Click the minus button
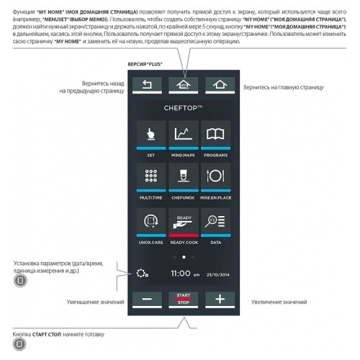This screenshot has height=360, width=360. pyautogui.click(x=148, y=300)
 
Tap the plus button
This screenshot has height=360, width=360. pyautogui.click(x=219, y=300)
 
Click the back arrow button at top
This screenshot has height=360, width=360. pyautogui.click(x=148, y=85)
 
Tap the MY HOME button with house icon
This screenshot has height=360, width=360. pyautogui.click(x=183, y=85)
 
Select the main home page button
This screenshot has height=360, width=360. pyautogui.click(x=219, y=85)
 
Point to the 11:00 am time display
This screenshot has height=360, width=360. pyautogui.click(x=184, y=274)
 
